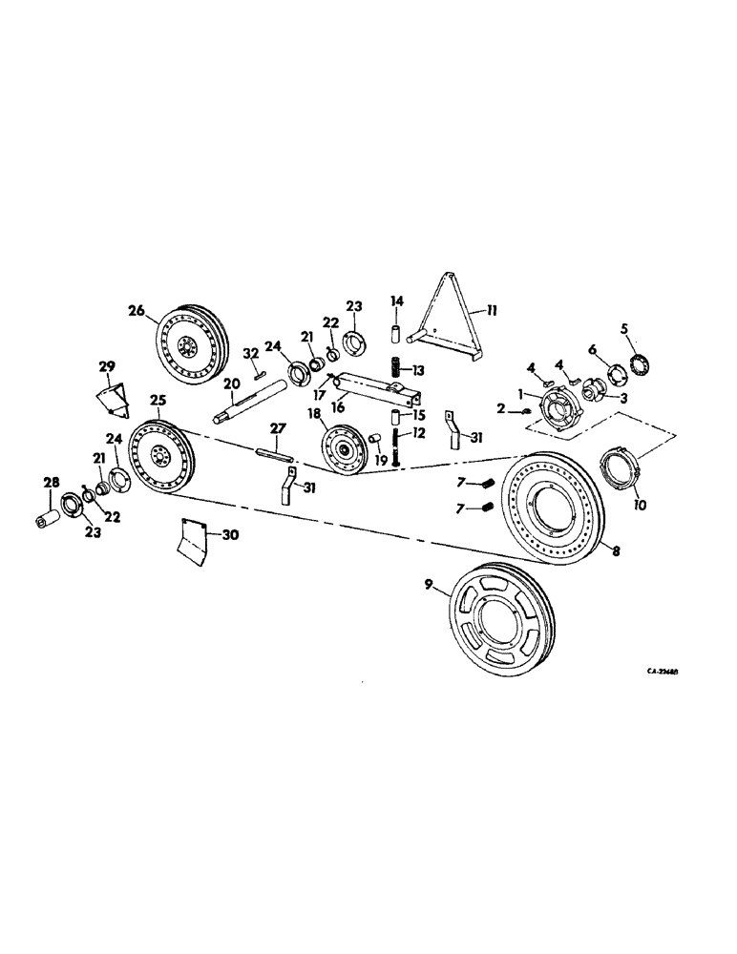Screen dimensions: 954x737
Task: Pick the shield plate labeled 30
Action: [x=194, y=538]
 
